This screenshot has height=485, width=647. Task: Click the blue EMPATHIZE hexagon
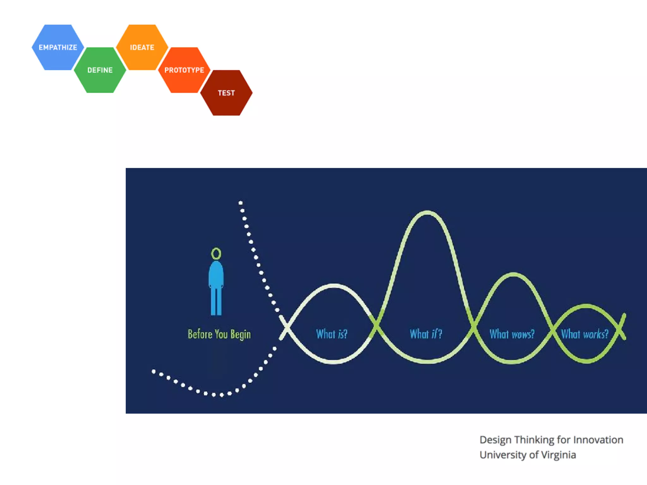58,47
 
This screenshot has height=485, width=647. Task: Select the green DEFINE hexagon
100,70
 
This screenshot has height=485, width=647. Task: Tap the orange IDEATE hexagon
142,47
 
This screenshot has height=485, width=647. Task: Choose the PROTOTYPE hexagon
184,70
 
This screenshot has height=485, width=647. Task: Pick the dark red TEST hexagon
226,93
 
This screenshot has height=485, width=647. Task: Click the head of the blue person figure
216,253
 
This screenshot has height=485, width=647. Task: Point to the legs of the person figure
216,302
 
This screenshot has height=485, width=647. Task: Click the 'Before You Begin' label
219,334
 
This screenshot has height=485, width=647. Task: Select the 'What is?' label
332,334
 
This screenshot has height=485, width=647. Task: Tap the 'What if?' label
426,334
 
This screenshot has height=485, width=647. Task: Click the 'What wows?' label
512,334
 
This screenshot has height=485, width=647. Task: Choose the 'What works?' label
584,334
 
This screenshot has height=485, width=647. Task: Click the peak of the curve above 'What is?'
334,286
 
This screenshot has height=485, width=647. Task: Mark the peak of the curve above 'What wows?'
513,274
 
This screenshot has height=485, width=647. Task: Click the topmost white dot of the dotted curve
240,203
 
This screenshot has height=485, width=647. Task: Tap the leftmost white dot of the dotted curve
154,372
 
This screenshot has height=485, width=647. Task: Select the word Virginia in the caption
558,455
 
